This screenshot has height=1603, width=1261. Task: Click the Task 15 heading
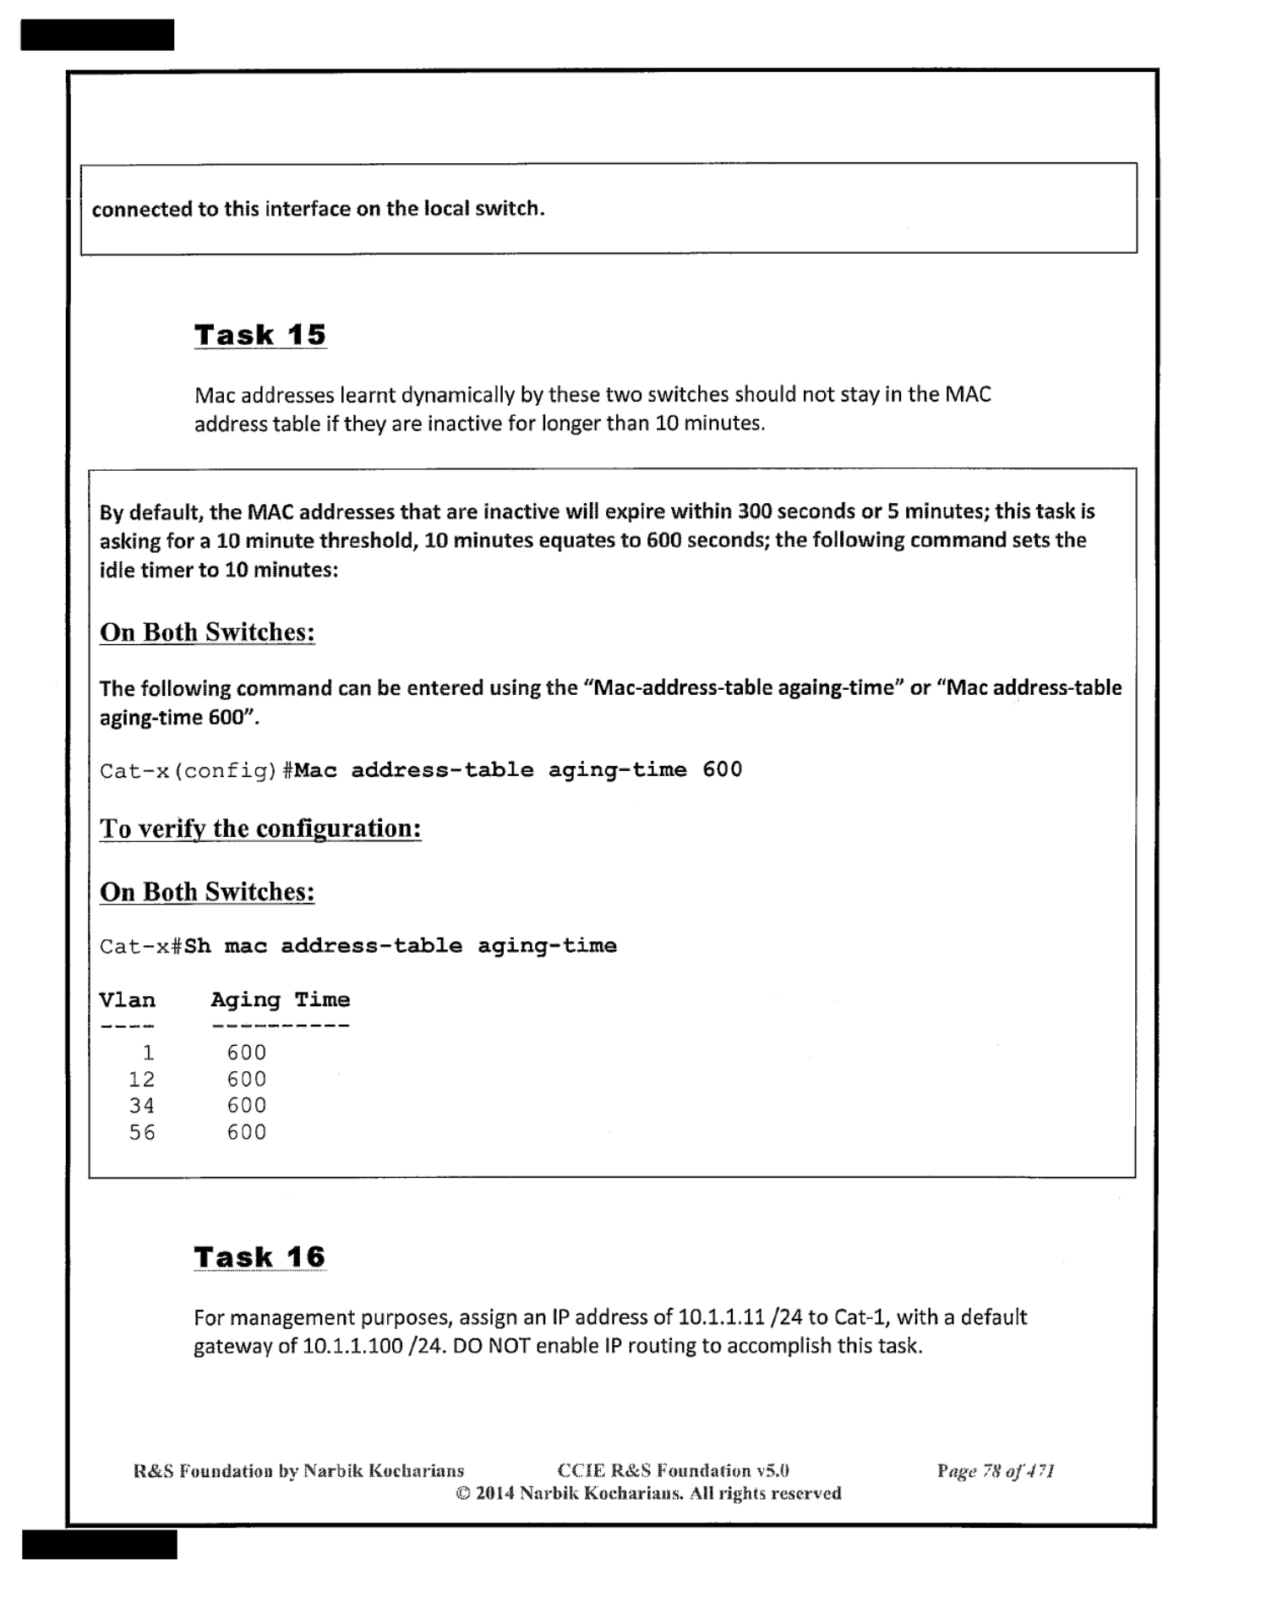click(259, 335)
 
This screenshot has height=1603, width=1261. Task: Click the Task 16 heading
click(259, 1257)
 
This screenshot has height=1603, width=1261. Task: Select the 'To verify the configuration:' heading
click(260, 829)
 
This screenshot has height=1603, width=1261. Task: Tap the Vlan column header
click(128, 1000)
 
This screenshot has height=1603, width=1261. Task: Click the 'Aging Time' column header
click(280, 1000)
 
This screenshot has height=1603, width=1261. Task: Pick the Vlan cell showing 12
click(142, 1080)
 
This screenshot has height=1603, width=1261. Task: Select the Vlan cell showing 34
click(142, 1106)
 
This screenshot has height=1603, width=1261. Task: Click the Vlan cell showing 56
click(142, 1133)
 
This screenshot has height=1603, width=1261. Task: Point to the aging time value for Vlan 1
click(246, 1053)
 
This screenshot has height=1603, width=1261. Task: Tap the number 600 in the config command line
click(722, 770)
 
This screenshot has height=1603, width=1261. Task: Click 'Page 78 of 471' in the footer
click(995, 1472)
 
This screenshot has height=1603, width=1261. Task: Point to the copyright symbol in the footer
click(463, 1494)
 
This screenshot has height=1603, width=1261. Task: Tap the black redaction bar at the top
click(97, 35)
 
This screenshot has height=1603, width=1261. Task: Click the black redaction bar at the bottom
click(99, 1544)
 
